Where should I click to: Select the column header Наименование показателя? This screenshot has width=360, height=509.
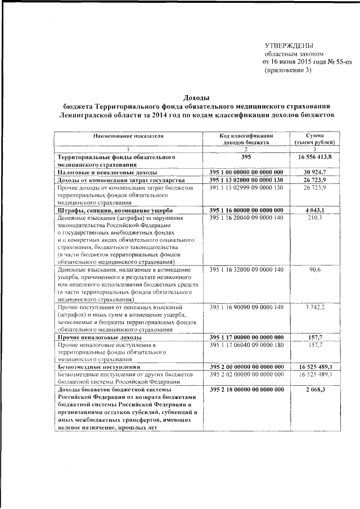coord(128,136)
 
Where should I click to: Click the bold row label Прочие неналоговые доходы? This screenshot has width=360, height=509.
coord(99,337)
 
